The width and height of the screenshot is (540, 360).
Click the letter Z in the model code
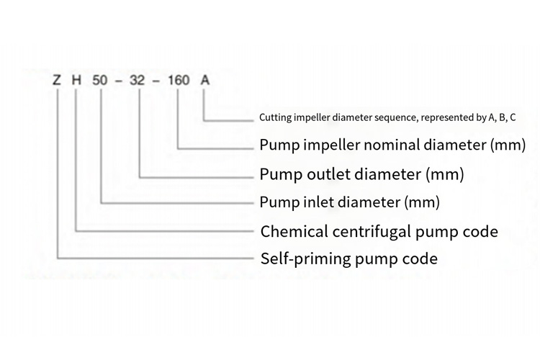[x=57, y=80]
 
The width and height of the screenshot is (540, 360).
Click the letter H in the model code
[x=77, y=80]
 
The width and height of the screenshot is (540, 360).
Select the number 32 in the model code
[x=139, y=80]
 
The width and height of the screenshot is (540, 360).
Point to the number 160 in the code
[x=178, y=80]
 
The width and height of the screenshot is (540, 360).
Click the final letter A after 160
[x=204, y=80]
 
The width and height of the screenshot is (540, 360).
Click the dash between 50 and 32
[x=120, y=80]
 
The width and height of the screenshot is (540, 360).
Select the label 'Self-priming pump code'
[x=348, y=258]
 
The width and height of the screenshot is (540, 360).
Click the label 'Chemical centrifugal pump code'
[x=379, y=231]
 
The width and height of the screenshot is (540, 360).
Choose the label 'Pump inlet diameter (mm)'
[x=350, y=202]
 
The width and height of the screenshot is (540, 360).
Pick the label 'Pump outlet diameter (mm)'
[x=361, y=174]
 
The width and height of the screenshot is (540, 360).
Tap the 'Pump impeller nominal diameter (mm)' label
[x=393, y=145]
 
